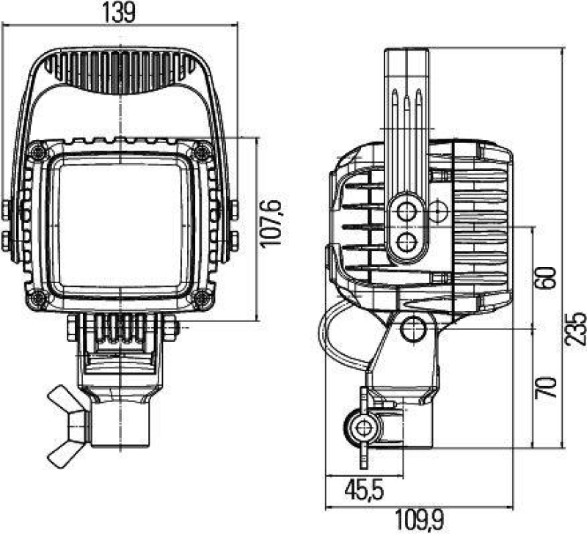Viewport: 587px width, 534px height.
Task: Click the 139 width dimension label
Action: pos(120,14)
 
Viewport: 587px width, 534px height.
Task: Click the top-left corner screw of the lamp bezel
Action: pos(37,151)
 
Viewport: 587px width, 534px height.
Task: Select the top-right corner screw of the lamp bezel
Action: pos(202,151)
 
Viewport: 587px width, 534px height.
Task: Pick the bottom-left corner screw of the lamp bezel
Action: pos(37,297)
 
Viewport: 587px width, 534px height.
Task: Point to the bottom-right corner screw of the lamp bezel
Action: pos(202,297)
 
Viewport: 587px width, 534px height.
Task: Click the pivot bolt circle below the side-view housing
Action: pos(414,328)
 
